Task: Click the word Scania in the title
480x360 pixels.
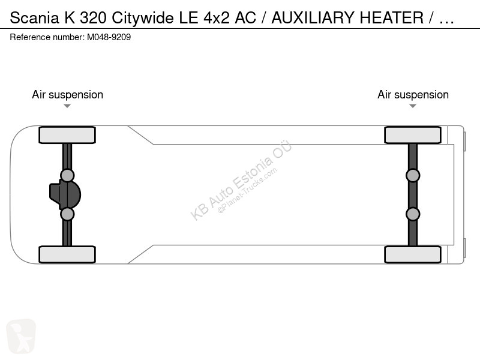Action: (x=34, y=18)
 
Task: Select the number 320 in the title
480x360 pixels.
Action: (x=93, y=18)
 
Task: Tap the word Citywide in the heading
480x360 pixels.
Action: (x=143, y=19)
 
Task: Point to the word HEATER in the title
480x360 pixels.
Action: (x=392, y=18)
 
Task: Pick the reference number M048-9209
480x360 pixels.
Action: (x=109, y=37)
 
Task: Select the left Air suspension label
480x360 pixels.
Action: (x=67, y=95)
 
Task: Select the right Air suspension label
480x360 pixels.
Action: (x=413, y=95)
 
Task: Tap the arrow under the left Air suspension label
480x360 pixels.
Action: (x=67, y=106)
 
